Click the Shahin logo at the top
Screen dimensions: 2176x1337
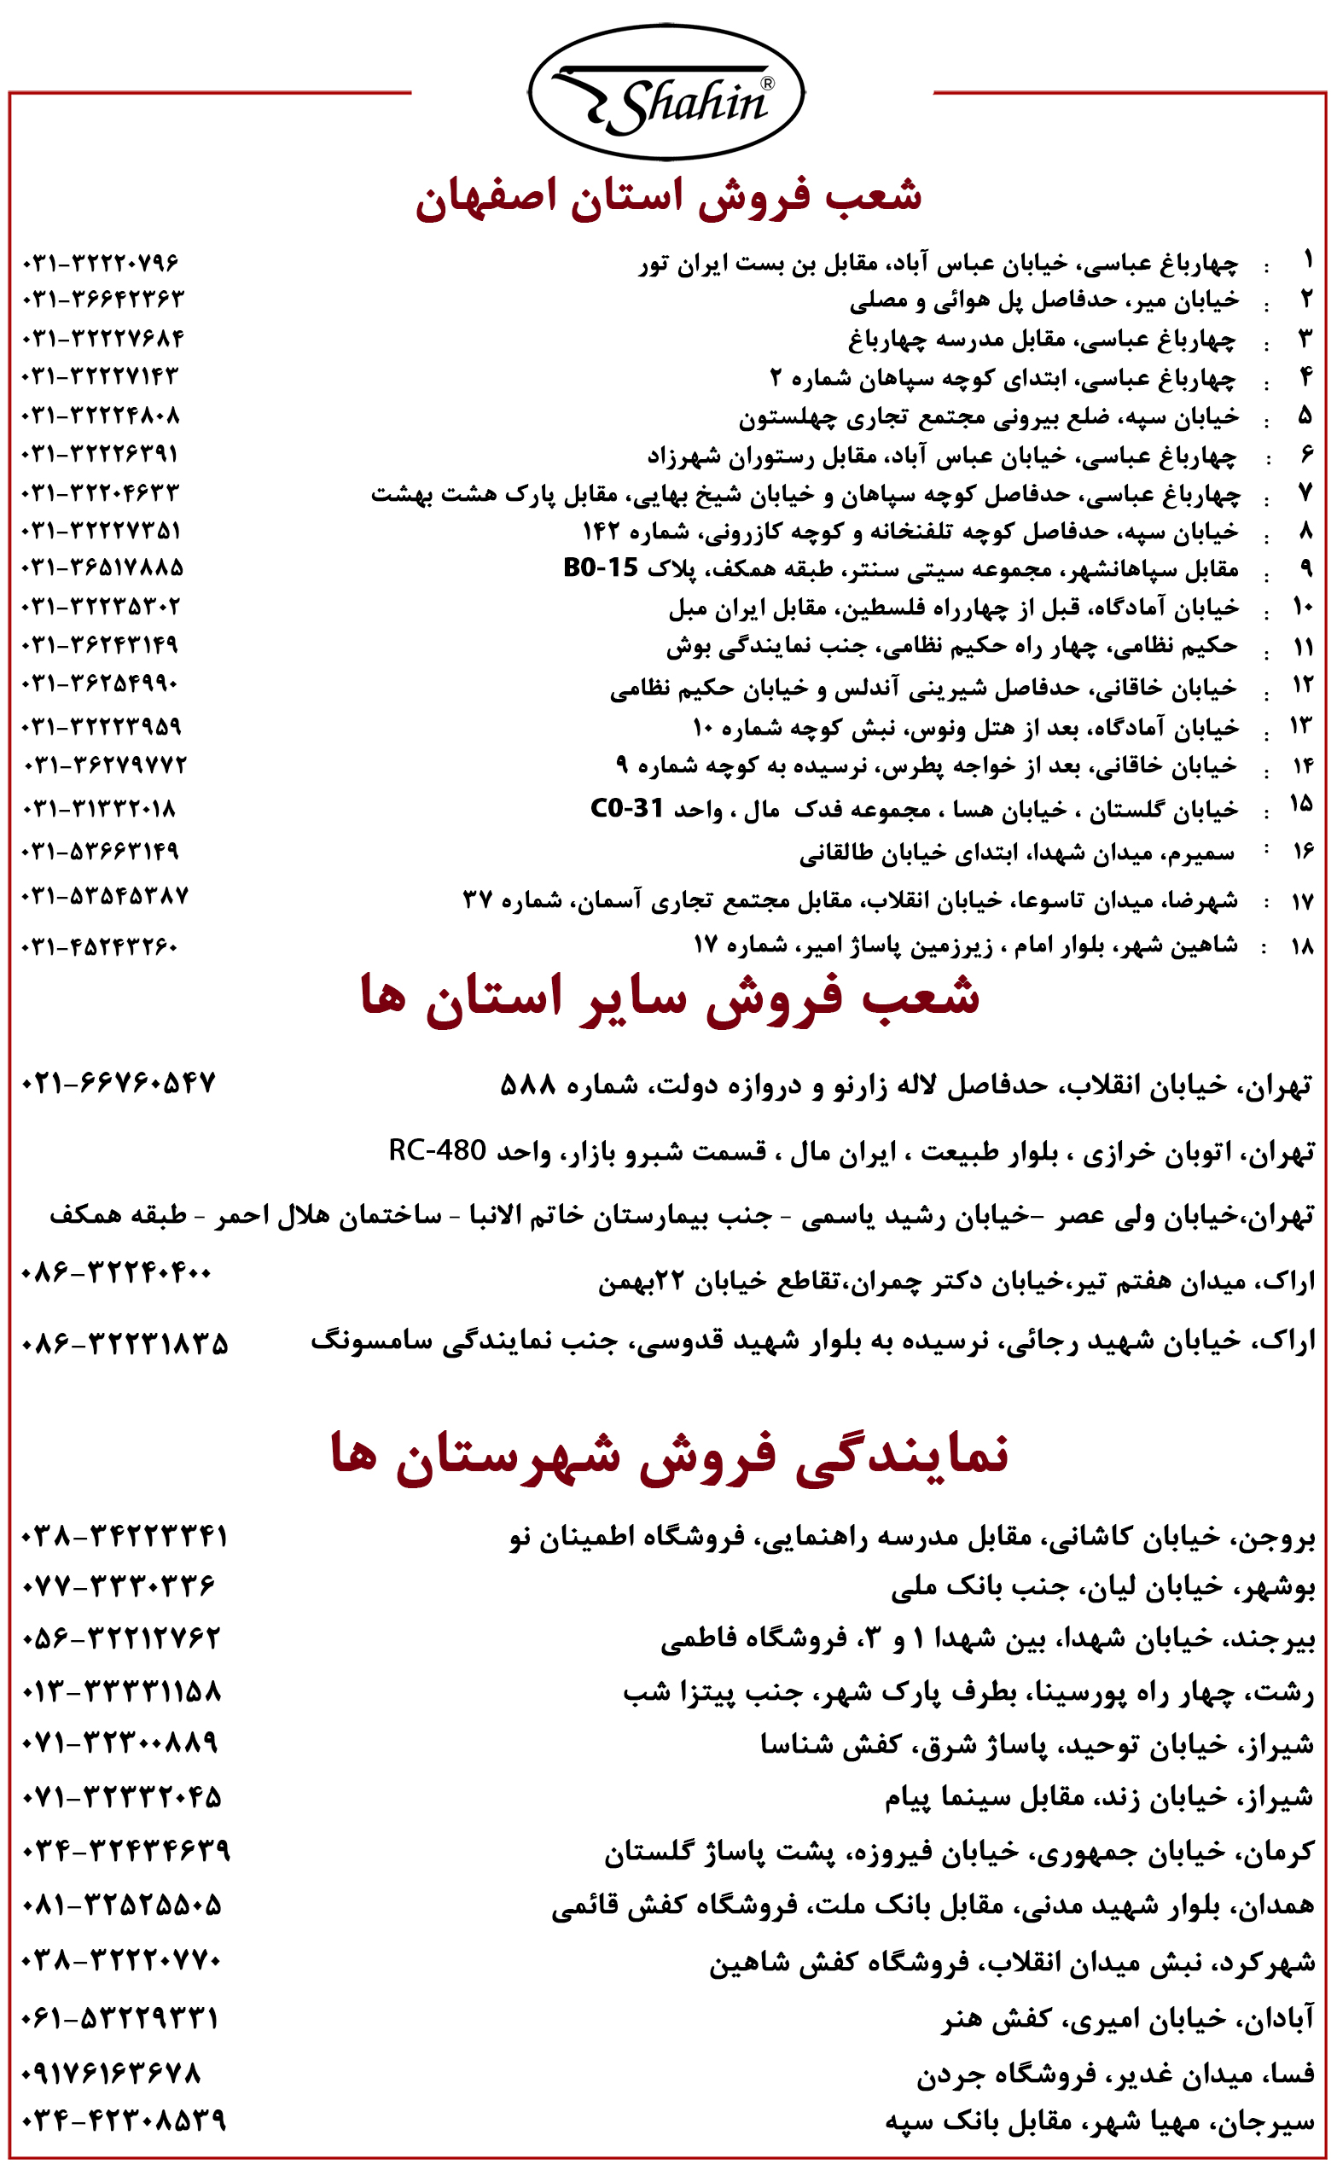pyautogui.click(x=666, y=92)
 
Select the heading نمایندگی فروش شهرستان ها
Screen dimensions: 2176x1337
pyautogui.click(x=670, y=1454)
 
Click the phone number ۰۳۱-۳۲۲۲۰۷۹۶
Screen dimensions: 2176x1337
pyautogui.click(x=101, y=264)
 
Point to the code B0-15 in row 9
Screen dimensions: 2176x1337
pyautogui.click(x=601, y=567)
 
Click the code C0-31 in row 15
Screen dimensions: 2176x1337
pyautogui.click(x=626, y=808)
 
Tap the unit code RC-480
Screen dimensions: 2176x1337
pyautogui.click(x=437, y=1150)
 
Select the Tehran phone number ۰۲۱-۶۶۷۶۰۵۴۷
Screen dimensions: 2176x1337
pyautogui.click(x=119, y=1083)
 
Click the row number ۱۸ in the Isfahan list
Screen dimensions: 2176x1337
pyautogui.click(x=1302, y=946)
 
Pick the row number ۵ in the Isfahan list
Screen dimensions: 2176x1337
pyautogui.click(x=1305, y=415)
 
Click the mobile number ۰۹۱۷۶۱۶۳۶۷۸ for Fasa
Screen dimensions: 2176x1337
pyautogui.click(x=112, y=2074)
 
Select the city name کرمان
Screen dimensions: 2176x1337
pyautogui.click(x=1282, y=1851)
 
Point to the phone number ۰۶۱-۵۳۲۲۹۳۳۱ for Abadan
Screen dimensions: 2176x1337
pyautogui.click(x=120, y=2019)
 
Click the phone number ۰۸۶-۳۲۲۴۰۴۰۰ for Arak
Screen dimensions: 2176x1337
pyautogui.click(x=116, y=1273)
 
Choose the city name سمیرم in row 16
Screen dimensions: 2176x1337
pyautogui.click(x=1204, y=852)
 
